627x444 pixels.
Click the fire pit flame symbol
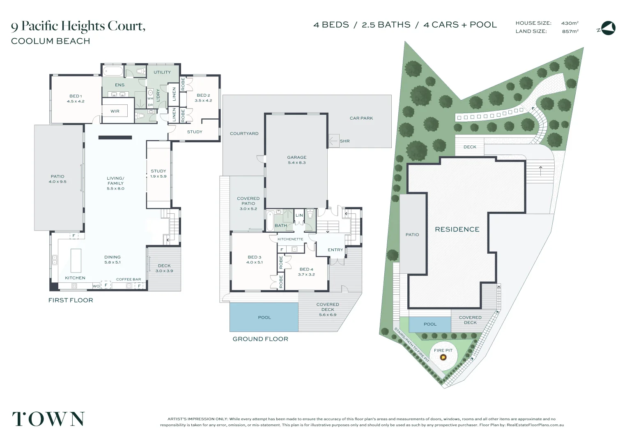(443, 357)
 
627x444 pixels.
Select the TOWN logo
(48, 419)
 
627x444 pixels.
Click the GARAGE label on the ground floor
(296, 157)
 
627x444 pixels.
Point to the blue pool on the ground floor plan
(264, 317)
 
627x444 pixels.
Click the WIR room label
(115, 111)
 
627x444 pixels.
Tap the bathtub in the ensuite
(113, 71)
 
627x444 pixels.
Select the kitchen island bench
(76, 260)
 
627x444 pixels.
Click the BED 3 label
(254, 257)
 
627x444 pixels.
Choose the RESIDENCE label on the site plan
(457, 229)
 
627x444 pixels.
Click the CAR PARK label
(361, 118)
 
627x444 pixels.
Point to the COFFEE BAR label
(129, 280)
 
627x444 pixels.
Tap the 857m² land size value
(570, 31)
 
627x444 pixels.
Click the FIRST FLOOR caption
(71, 301)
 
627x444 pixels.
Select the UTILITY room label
(162, 72)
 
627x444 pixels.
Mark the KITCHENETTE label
(290, 239)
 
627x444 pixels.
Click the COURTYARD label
(244, 134)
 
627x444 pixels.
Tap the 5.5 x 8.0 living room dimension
(115, 189)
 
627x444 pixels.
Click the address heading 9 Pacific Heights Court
(78, 26)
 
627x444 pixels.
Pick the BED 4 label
(306, 269)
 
